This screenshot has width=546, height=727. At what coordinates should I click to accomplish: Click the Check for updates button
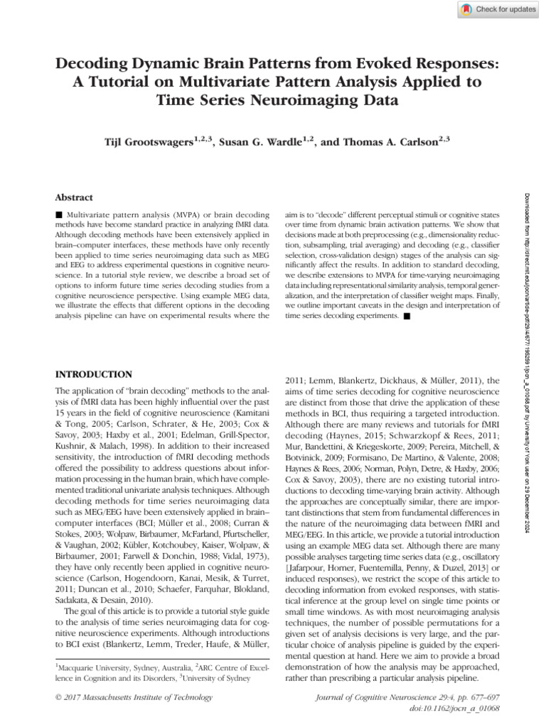click(x=496, y=9)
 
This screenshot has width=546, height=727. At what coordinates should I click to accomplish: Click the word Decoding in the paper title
click(x=95, y=64)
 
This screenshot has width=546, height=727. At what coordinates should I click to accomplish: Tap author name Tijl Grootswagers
click(x=154, y=142)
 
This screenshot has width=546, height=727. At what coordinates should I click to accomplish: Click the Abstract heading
click(x=75, y=197)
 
